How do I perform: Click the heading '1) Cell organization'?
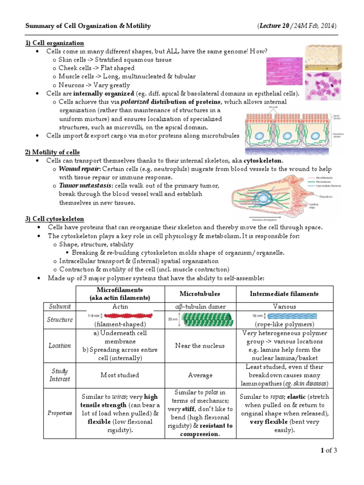tap(55, 43)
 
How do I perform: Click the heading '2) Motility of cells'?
tap(52, 152)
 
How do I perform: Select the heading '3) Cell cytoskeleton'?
tap(55, 218)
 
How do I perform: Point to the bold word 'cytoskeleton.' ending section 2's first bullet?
tap(264, 161)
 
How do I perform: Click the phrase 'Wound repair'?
tap(79, 169)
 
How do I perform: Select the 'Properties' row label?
tap(60, 413)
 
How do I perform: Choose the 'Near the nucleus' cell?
tap(200, 345)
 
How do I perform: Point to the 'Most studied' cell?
tap(120, 375)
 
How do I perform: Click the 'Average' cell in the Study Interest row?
tap(200, 375)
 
